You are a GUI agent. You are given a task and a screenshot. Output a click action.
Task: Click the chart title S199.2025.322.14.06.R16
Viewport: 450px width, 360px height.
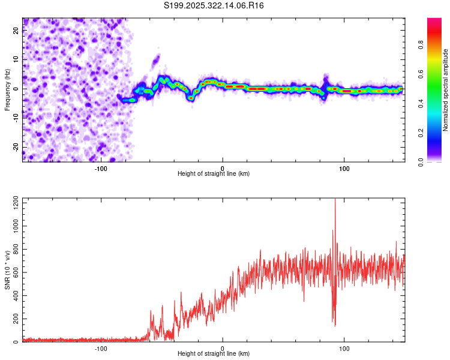214,5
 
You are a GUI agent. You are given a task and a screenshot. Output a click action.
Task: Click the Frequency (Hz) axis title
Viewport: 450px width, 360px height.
7,89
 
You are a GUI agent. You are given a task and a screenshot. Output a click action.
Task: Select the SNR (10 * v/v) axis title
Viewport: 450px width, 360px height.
7,269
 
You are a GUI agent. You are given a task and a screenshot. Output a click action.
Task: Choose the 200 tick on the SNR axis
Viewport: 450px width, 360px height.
14,319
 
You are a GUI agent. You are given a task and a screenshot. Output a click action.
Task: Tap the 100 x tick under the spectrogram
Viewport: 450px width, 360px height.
344,169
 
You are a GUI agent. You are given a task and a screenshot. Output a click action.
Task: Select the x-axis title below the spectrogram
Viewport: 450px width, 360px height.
214,174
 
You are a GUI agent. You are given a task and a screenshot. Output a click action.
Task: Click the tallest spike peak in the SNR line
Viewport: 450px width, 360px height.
335,200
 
